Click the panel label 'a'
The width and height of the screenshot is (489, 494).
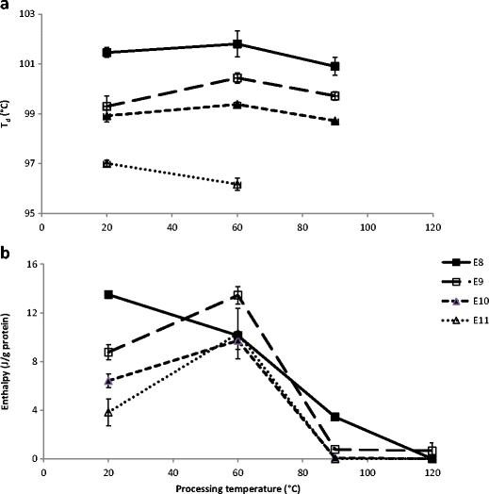[x=7, y=8]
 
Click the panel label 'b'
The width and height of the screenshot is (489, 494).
[x=7, y=253]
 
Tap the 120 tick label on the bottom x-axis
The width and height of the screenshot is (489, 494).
[x=432, y=472]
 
